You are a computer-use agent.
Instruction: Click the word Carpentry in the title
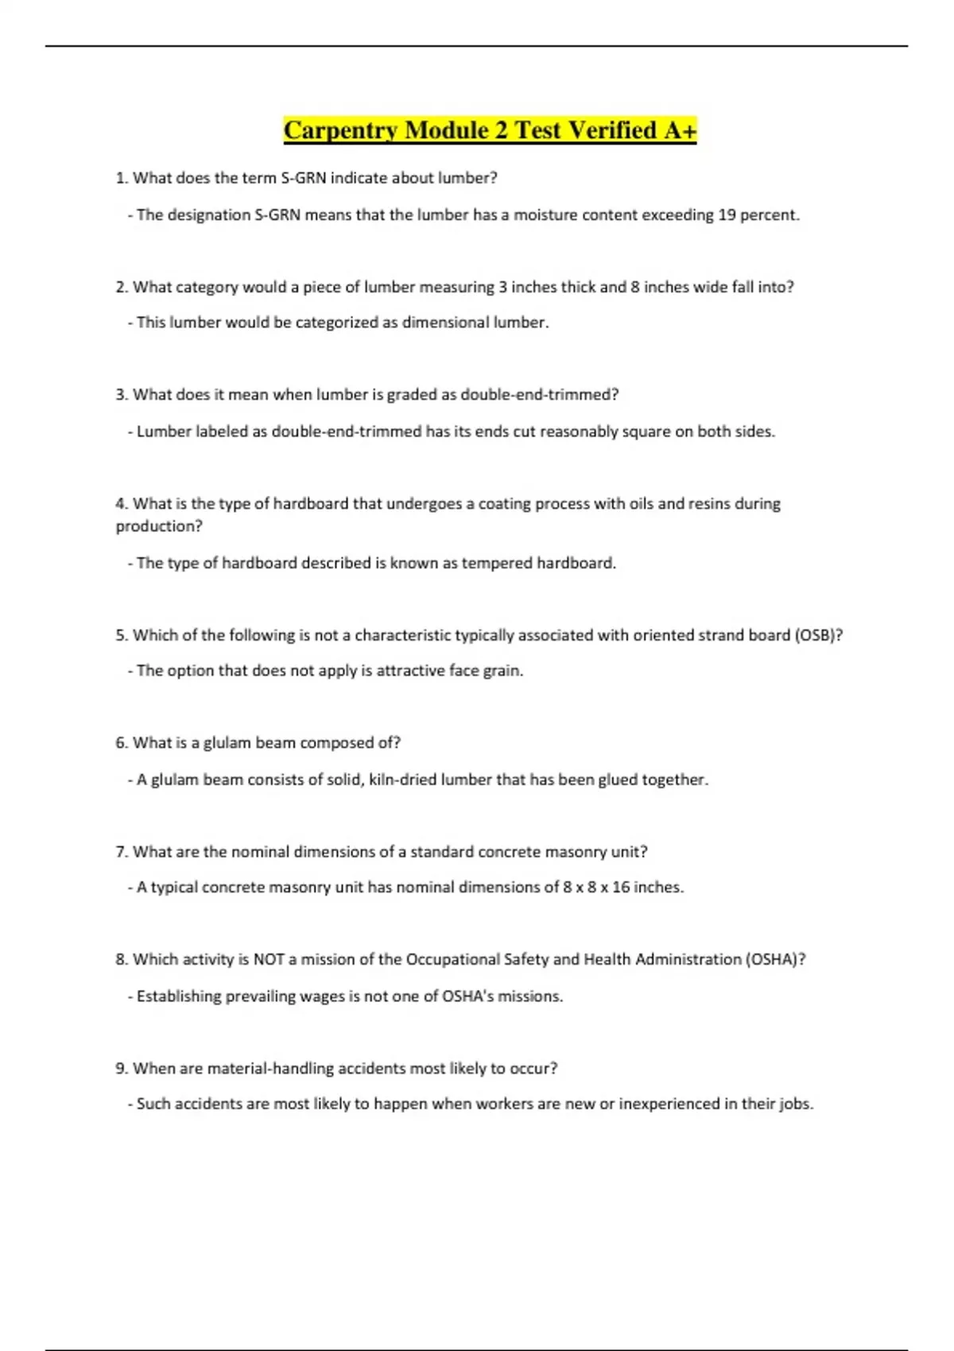click(x=340, y=130)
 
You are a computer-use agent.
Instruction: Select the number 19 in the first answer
click(x=727, y=215)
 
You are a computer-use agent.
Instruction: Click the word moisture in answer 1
click(x=545, y=215)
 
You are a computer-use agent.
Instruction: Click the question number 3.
click(x=121, y=395)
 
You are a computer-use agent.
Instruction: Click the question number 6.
click(x=121, y=743)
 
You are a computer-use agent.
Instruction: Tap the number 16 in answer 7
click(x=620, y=887)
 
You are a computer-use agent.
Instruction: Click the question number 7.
click(x=121, y=852)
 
